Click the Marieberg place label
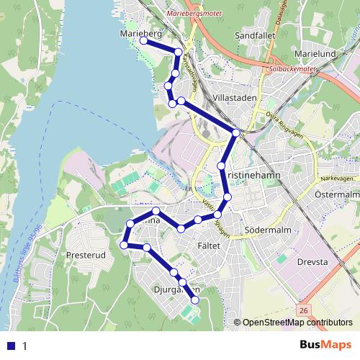(x=141, y=33)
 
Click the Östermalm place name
(x=337, y=194)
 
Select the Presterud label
(x=86, y=254)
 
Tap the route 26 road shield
(x=305, y=310)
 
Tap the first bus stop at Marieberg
(x=143, y=41)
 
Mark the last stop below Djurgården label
(x=194, y=300)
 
